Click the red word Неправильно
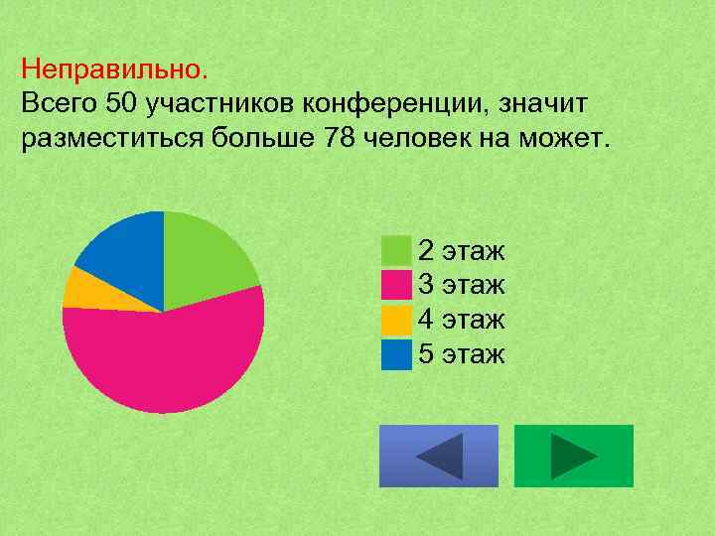pyautogui.click(x=114, y=69)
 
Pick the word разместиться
pyautogui.click(x=111, y=136)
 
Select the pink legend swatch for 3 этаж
pyautogui.click(x=396, y=285)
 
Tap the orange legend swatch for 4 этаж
pyautogui.click(x=396, y=320)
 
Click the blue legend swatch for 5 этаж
pyautogui.click(x=396, y=354)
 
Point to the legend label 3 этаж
pyautogui.click(x=462, y=285)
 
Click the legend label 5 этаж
pyautogui.click(x=462, y=354)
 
